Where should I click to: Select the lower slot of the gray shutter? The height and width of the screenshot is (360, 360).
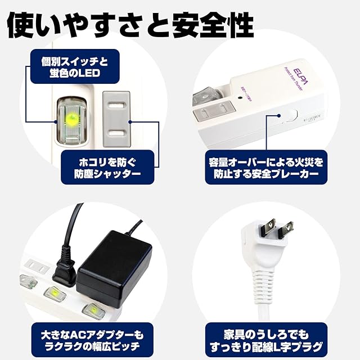[117, 132]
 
